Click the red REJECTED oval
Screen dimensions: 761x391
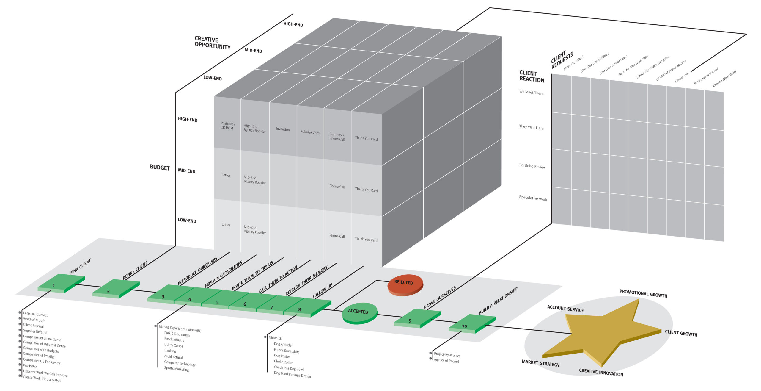tap(405, 284)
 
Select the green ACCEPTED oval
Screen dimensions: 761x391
tap(360, 313)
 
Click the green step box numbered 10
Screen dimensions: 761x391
tap(472, 323)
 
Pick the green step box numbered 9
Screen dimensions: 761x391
tap(417, 318)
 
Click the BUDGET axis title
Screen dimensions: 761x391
tap(160, 168)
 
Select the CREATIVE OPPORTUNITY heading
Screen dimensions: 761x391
tap(212, 43)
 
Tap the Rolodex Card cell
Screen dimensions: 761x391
tap(310, 132)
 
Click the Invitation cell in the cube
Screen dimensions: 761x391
tap(282, 129)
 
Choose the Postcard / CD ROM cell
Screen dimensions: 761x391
tap(227, 126)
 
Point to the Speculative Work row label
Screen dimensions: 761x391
tap(533, 198)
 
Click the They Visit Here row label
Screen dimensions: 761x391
tap(531, 127)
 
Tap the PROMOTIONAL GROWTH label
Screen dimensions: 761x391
tap(643, 293)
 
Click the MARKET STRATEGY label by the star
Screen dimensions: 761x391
tap(540, 363)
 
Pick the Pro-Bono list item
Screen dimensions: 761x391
tap(30, 365)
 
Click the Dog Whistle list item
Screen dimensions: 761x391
tap(282, 344)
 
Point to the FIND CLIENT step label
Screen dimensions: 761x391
tap(80, 267)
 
